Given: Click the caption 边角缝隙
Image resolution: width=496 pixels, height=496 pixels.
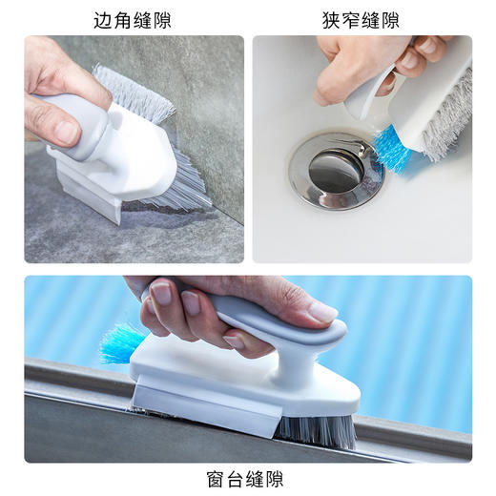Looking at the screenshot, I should [133, 19].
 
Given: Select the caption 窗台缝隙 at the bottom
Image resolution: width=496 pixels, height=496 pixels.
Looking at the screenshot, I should [245, 478].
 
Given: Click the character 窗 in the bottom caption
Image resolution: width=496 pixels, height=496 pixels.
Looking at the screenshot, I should [216, 478].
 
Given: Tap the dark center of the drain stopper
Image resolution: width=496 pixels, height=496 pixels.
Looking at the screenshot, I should [335, 170].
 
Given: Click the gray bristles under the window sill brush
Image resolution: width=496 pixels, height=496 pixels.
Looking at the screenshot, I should [315, 430].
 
